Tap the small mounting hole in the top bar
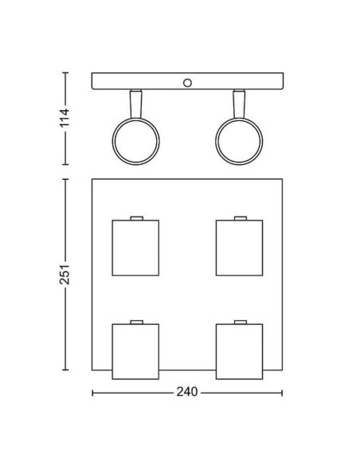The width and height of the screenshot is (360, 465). pyautogui.click(x=188, y=82)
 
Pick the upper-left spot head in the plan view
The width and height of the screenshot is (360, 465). pyautogui.click(x=135, y=248)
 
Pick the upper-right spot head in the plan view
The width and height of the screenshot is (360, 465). pyautogui.click(x=238, y=248)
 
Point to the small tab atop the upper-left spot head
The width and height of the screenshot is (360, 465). pyautogui.click(x=135, y=217)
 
